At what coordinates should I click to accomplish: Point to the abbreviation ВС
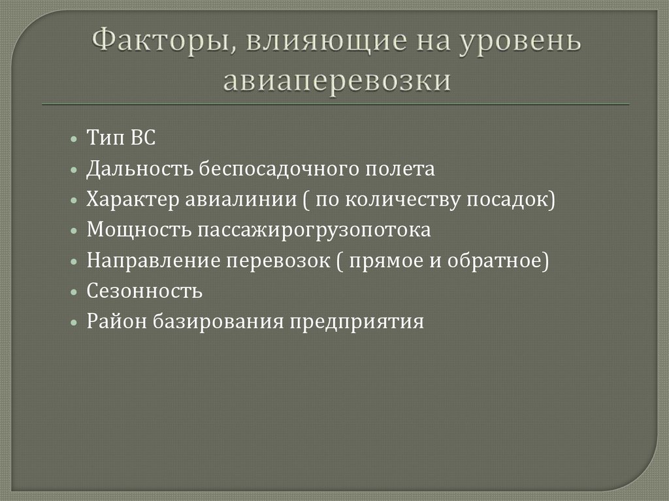tap(143, 138)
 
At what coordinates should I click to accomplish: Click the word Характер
tap(131, 200)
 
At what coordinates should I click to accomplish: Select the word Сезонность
tap(144, 291)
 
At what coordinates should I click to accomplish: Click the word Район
tap(114, 322)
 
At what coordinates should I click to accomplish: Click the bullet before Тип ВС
tap(75, 139)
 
